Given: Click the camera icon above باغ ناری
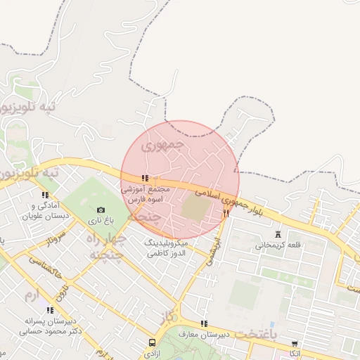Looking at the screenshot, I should [x=101, y=210].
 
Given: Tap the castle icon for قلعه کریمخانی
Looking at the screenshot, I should [x=278, y=234].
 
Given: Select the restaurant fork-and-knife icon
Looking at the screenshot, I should [x=226, y=212].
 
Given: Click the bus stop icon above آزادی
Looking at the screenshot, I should [x=152, y=343].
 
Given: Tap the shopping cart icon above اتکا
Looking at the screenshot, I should [x=294, y=345].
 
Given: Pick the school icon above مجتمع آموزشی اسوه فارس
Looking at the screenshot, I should [x=145, y=179].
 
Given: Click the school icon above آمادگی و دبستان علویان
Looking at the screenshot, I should [x=46, y=195].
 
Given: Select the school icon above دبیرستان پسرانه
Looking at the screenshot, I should [x=49, y=309].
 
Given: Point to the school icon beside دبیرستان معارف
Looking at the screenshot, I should [x=204, y=324].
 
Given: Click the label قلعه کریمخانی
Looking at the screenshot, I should [x=278, y=245].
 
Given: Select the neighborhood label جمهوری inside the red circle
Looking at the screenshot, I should [x=162, y=146].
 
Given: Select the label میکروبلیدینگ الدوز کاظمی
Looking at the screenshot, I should [x=167, y=247].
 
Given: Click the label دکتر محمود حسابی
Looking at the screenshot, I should [x=49, y=330].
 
